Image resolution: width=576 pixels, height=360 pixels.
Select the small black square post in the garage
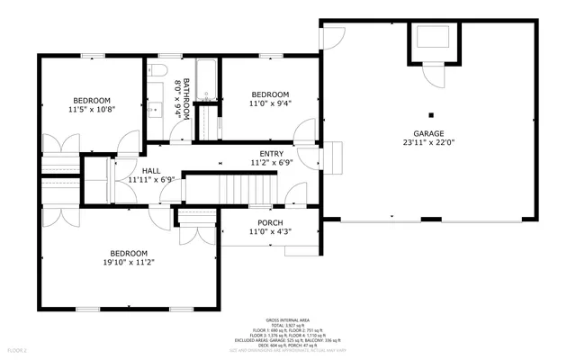point(431,114)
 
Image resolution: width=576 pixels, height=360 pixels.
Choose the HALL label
point(150,169)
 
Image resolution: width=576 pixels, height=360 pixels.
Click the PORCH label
point(270,222)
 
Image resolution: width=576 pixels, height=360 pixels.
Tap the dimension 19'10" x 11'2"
point(129,263)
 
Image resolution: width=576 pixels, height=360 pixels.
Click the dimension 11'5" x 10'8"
point(91,109)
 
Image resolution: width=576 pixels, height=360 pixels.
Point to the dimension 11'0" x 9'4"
point(270,103)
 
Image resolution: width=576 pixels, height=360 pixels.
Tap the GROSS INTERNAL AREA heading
point(288,319)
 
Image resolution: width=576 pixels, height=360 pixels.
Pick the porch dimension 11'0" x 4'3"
point(270,232)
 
